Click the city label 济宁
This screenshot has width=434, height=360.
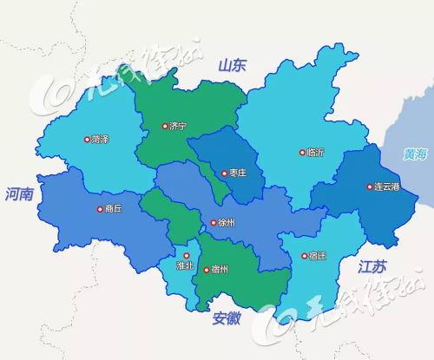(177, 127)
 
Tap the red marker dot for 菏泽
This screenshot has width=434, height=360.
(86, 139)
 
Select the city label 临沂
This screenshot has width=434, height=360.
(315, 152)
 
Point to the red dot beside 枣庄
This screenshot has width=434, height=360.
(222, 173)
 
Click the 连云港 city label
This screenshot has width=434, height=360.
(386, 187)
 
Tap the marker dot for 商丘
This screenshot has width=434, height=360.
(99, 209)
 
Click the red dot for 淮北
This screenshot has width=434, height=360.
(186, 255)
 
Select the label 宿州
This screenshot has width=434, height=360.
(219, 270)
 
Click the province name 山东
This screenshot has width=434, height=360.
(233, 65)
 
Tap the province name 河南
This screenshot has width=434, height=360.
(18, 194)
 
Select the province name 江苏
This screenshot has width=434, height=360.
(373, 267)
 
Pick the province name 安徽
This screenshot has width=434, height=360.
(226, 318)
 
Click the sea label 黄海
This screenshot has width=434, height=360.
(414, 154)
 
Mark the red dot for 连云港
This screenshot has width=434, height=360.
(369, 187)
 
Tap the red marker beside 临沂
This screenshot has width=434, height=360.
(302, 152)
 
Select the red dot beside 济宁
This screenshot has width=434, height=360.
(164, 127)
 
